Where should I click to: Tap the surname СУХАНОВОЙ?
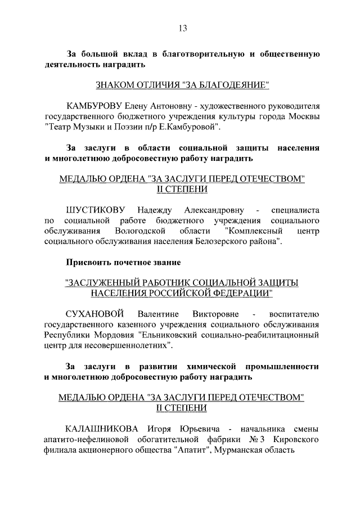coord(93,313)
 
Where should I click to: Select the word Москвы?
coord(305,116)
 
